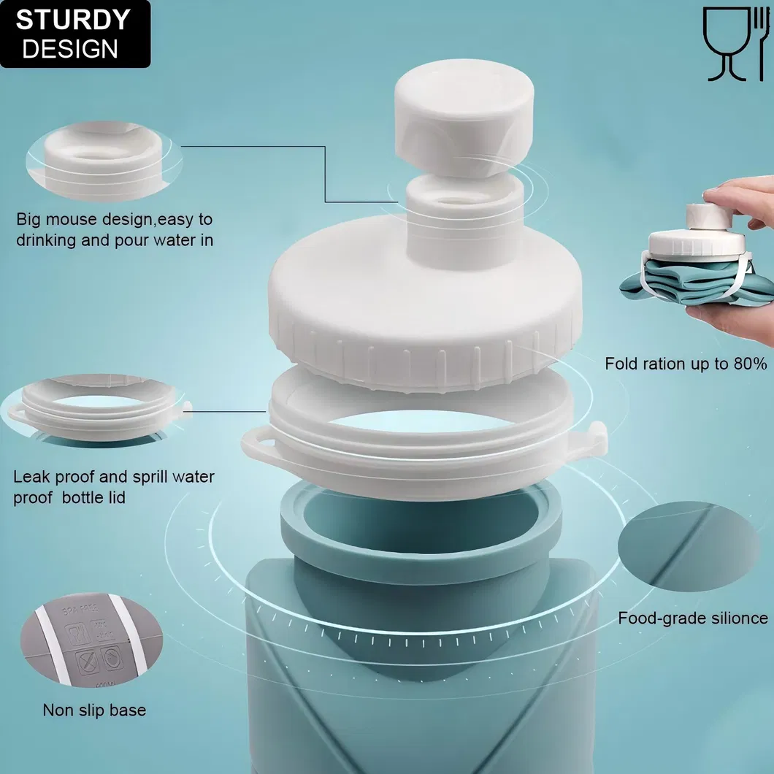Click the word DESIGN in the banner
click(x=69, y=49)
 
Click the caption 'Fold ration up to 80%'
click(x=685, y=363)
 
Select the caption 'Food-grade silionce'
click(x=692, y=618)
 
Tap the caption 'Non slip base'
click(x=94, y=710)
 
